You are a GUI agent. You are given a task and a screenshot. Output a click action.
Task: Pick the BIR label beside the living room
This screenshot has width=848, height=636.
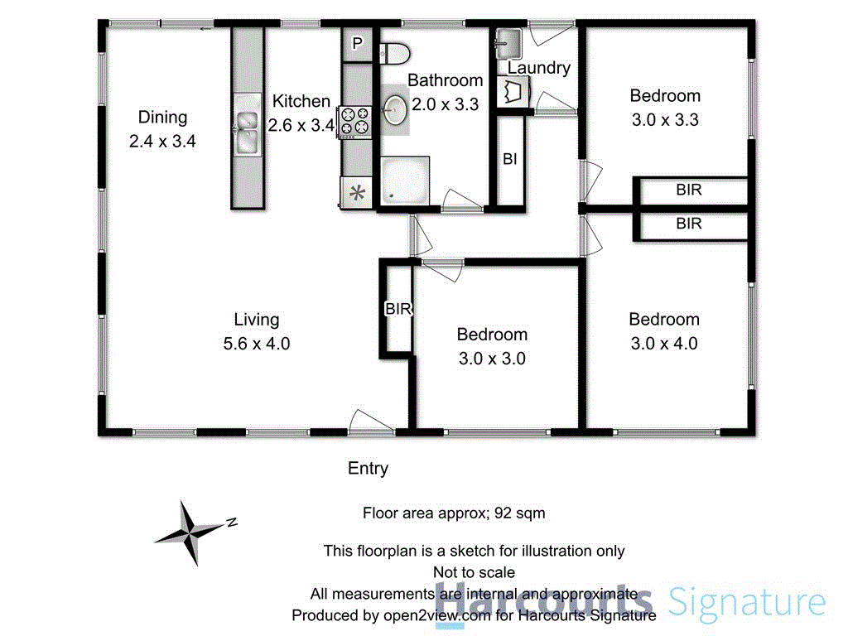tap(398, 309)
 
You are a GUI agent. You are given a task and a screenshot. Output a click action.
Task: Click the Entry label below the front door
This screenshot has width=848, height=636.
tap(368, 469)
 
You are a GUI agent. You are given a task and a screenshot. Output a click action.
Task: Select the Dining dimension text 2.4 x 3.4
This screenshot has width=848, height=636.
tap(162, 141)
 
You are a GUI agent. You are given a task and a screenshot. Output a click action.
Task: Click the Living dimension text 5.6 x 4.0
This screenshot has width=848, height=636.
tap(257, 344)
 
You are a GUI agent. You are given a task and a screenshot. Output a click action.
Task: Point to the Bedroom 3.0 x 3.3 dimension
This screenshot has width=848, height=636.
tap(665, 119)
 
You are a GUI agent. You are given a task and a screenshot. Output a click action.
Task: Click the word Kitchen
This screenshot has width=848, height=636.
tap(301, 102)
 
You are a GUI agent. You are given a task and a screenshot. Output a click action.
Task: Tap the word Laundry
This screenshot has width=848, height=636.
tap(539, 68)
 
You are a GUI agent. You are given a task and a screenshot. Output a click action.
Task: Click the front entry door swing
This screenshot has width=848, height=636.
tap(370, 421)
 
